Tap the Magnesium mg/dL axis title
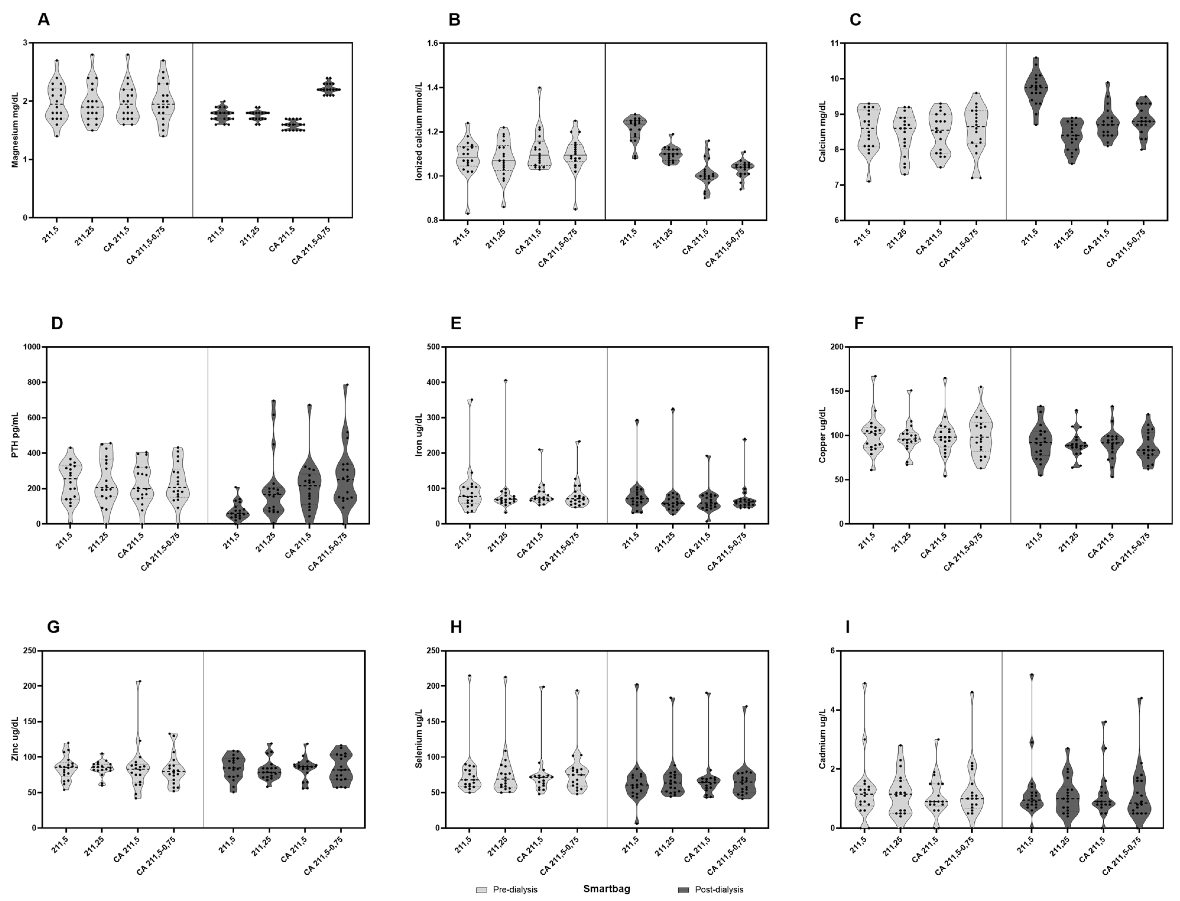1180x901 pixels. (x=15, y=130)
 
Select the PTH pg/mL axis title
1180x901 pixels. (x=15, y=435)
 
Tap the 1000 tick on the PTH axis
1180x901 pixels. (x=32, y=347)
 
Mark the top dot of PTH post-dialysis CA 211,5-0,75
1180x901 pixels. (x=346, y=385)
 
